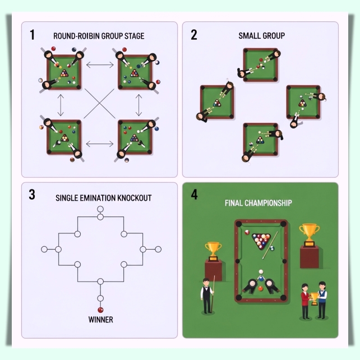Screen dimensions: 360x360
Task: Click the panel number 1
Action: [x=32, y=35]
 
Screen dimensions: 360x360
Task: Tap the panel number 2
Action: [x=194, y=35]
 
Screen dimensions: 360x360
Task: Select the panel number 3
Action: [x=32, y=195]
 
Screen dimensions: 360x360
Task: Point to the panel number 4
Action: [x=194, y=195]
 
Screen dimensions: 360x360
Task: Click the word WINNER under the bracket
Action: [x=100, y=320]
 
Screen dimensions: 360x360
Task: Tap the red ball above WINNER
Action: [x=100, y=310]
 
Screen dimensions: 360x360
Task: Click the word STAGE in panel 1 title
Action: [x=135, y=36]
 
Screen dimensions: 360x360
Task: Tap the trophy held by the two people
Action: [x=313, y=298]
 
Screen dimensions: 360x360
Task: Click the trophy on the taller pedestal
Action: [x=310, y=235]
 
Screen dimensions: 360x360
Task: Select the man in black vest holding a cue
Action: [x=207, y=296]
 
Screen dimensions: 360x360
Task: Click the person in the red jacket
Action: [x=305, y=301]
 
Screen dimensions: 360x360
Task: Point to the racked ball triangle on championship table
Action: [x=261, y=241]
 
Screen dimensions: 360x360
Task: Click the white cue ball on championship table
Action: [x=261, y=272]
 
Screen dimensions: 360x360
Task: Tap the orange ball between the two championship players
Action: [x=261, y=288]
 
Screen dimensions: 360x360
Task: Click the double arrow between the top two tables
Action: [x=100, y=65]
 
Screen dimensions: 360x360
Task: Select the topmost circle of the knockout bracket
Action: [x=100, y=209]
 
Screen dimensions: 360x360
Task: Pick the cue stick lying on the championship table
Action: [x=270, y=245]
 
